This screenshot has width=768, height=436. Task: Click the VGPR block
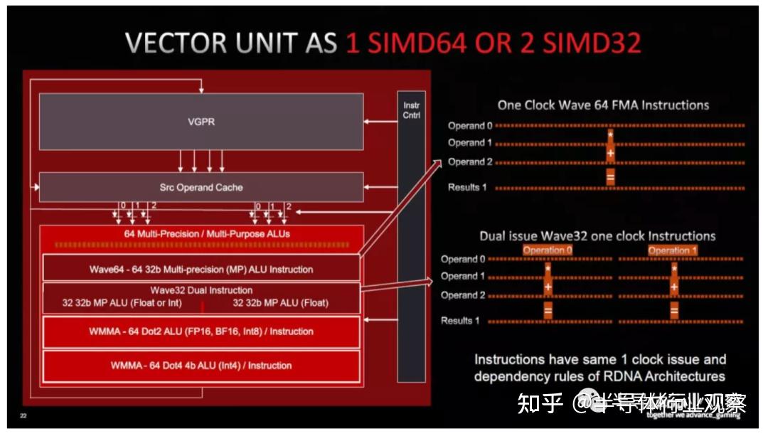coord(201,122)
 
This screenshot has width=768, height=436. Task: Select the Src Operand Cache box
coord(201,188)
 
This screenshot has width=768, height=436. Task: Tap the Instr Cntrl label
coord(412,110)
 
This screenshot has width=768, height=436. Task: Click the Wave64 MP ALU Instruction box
coord(201,270)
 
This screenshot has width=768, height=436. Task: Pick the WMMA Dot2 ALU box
coord(201,331)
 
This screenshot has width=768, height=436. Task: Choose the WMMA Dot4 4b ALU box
coord(201,366)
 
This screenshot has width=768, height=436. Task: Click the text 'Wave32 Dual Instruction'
coord(201,290)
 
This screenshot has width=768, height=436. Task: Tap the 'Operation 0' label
coord(548,250)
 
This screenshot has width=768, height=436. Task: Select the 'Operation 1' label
coord(673,250)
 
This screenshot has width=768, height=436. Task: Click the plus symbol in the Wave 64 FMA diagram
coord(610,152)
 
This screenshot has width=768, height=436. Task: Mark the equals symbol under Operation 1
coord(673,311)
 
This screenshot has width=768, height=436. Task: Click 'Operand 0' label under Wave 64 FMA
coord(469,126)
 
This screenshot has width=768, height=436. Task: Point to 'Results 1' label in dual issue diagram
coord(461,321)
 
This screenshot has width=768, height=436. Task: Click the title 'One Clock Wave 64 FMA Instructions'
coord(603,105)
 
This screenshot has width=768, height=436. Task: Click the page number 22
coord(23,416)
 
